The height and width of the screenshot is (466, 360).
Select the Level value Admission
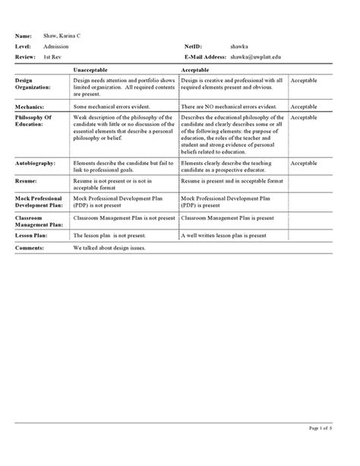56,46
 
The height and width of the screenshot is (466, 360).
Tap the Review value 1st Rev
52,57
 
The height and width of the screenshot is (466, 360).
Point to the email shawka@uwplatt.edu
261,57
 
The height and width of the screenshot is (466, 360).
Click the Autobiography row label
36,163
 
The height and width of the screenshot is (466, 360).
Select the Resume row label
27,182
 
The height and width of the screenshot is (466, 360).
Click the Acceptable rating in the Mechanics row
305,107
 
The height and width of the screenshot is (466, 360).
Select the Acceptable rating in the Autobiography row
305,163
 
